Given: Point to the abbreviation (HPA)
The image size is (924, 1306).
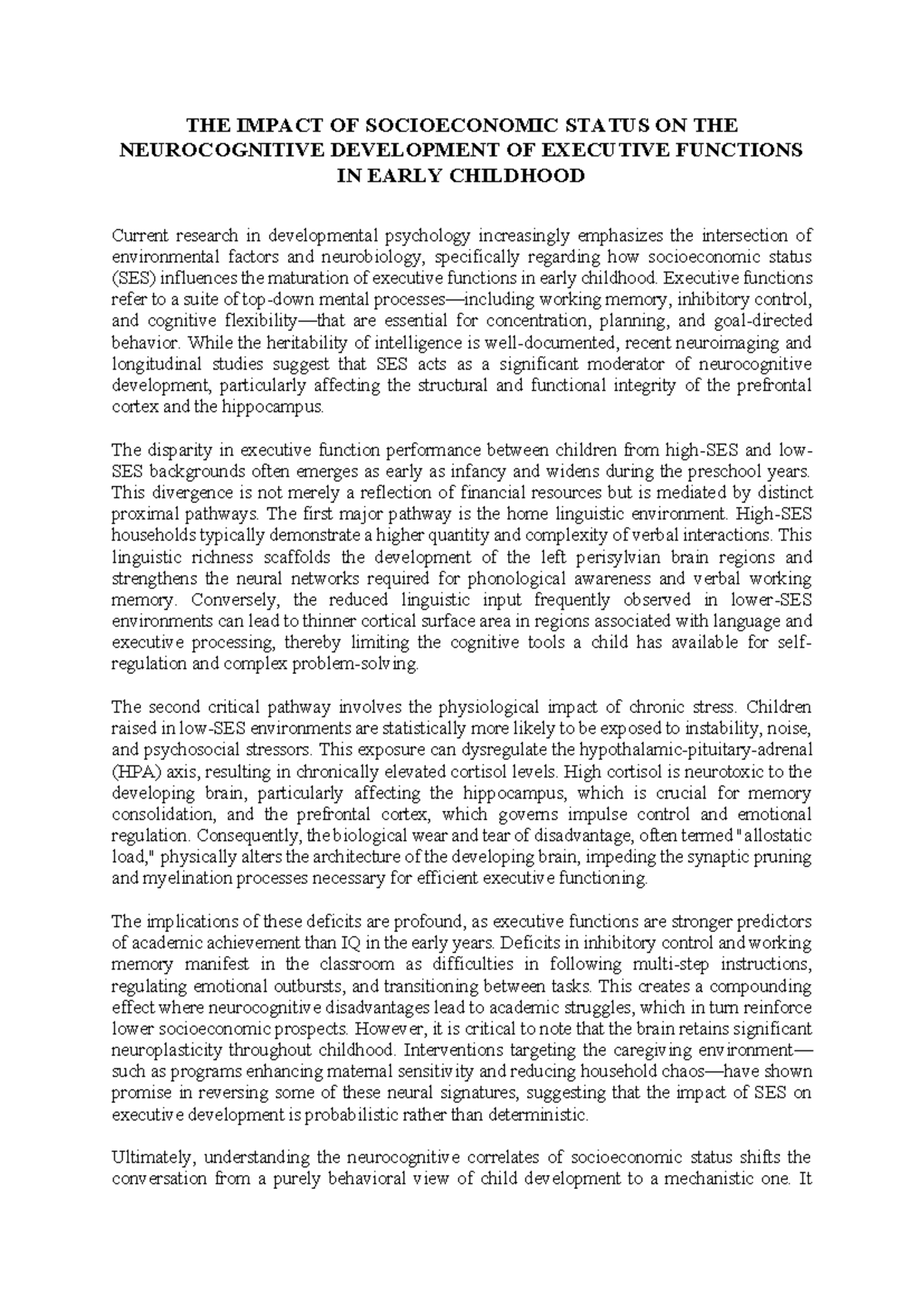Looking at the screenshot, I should [134, 771].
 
